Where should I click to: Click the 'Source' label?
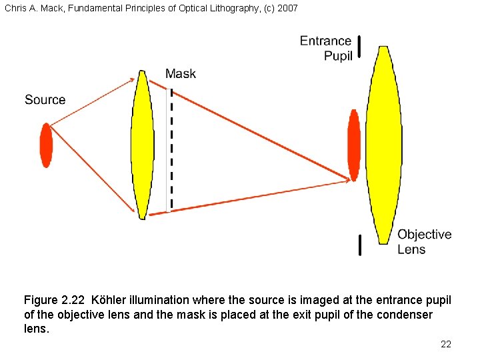(x=45, y=100)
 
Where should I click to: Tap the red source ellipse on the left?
(x=46, y=145)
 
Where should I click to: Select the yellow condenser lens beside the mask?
(x=141, y=144)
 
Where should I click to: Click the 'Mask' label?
(x=181, y=73)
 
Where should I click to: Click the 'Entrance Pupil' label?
(x=326, y=48)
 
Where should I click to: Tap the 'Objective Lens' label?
(x=424, y=241)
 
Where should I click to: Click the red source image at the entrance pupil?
(x=354, y=145)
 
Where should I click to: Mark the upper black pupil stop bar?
(x=360, y=47)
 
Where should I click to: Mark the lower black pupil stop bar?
(x=360, y=245)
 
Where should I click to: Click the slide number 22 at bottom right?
(x=446, y=344)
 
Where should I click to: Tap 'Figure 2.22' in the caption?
(x=55, y=300)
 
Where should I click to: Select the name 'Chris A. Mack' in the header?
(x=30, y=8)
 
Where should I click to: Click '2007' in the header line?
(x=287, y=8)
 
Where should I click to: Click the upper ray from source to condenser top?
(x=93, y=101)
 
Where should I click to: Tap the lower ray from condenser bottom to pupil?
(x=247, y=197)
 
